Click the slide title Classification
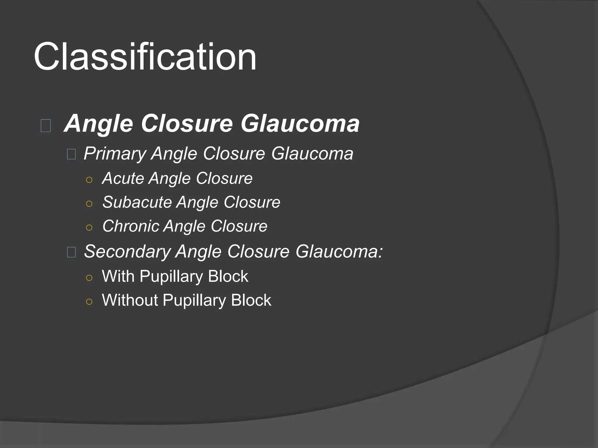[145, 57]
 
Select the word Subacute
[136, 202]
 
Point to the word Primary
[114, 154]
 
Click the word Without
[130, 300]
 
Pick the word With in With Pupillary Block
[118, 276]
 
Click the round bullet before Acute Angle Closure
[89, 180]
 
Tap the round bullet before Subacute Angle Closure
[89, 204]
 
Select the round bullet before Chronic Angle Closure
[89, 228]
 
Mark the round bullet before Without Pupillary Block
[89, 302]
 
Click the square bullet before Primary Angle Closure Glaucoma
[72, 154]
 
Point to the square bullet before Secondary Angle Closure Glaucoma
[72, 252]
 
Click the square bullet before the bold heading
[46, 126]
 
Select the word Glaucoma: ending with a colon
[339, 251]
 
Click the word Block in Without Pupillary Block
[251, 300]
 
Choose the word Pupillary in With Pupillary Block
[171, 277]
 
